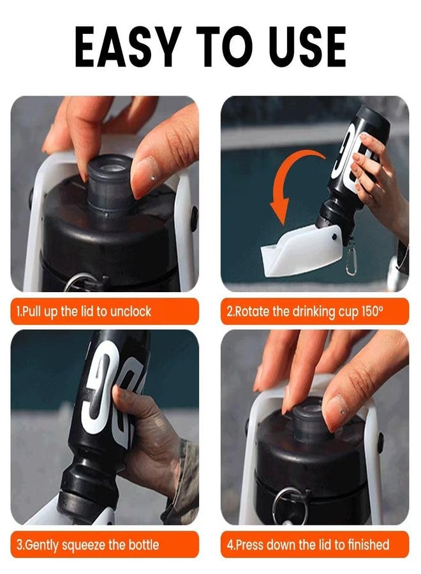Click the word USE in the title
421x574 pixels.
[306, 47]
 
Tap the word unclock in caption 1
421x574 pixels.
[130, 311]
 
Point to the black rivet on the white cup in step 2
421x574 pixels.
[334, 237]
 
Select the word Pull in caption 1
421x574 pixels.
[31, 311]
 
